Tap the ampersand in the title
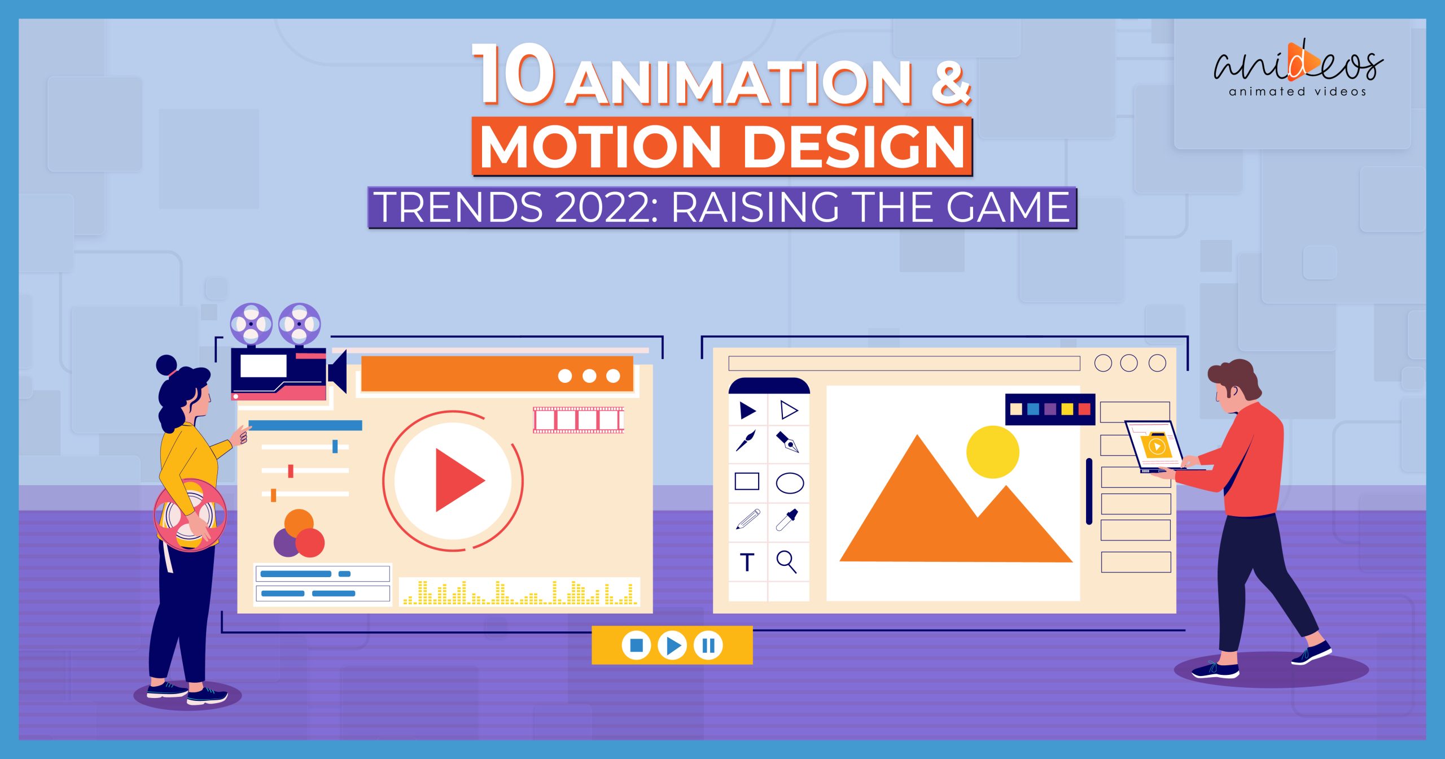tap(951, 84)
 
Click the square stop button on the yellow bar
tap(636, 645)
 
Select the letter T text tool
tap(747, 562)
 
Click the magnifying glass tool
tap(786, 562)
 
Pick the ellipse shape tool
tap(790, 483)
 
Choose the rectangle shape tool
tap(747, 482)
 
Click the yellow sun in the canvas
tap(992, 452)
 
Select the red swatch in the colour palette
tap(1084, 409)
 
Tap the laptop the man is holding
tap(1155, 446)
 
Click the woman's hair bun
tap(167, 364)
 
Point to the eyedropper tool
tap(787, 520)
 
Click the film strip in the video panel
tap(579, 420)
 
